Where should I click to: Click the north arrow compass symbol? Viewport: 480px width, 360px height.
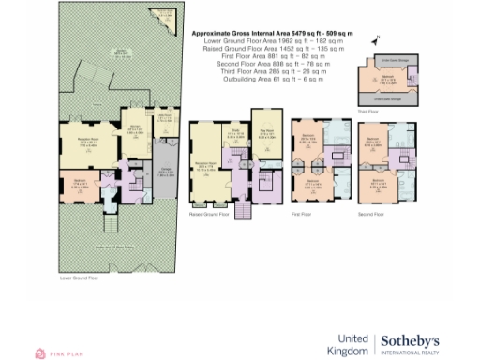tap(374, 41)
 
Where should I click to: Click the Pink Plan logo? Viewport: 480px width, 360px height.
tap(58, 352)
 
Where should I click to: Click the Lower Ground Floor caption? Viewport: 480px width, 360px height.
tap(79, 278)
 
